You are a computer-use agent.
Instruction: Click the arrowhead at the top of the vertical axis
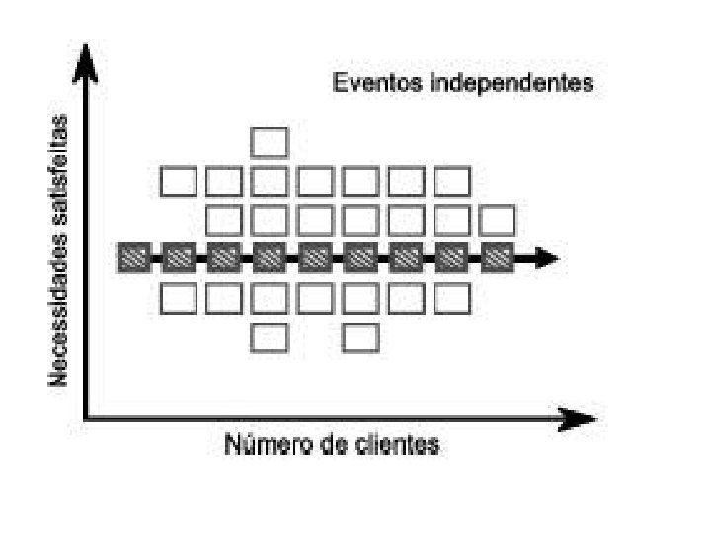point(87,61)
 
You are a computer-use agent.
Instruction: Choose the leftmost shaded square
point(132,259)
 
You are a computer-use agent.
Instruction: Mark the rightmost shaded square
point(498,259)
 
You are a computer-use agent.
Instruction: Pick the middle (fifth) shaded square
point(315,259)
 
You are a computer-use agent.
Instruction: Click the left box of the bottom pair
point(270,337)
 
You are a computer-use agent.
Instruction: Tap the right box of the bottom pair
point(360,337)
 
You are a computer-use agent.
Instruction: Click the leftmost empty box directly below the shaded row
point(179,297)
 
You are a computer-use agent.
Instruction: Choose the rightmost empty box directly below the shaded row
point(452,297)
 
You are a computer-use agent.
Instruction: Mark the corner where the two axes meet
point(88,419)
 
